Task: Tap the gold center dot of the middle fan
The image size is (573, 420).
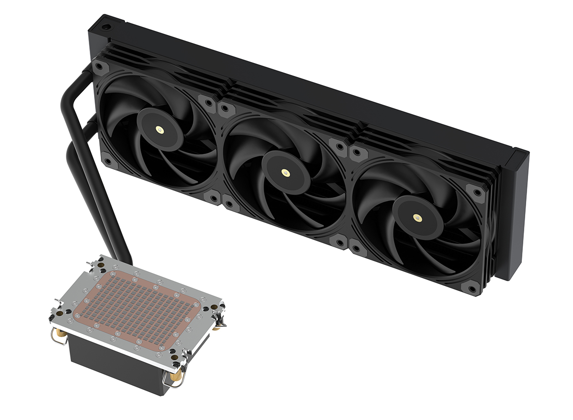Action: pyautogui.click(x=285, y=172)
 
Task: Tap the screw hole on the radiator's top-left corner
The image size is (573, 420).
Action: pyautogui.click(x=105, y=23)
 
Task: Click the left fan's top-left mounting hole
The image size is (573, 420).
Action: pyautogui.click(x=102, y=67)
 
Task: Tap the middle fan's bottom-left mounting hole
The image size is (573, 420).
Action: pyautogui.click(x=230, y=204)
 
